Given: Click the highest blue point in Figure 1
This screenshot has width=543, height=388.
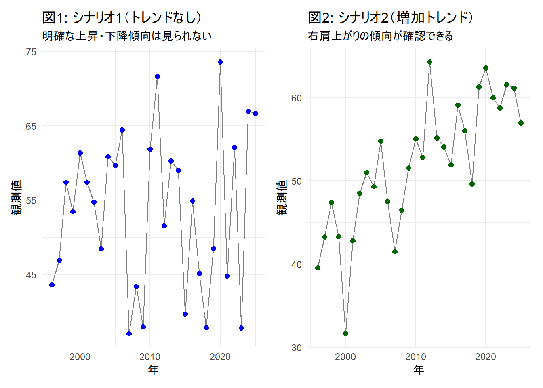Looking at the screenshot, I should click(x=220, y=62).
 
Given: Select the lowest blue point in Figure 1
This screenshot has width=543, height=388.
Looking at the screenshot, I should click(x=129, y=333).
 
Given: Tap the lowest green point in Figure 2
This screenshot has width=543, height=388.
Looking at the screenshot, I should click(x=345, y=333).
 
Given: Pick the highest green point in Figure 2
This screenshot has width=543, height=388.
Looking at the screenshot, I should click(x=429, y=62).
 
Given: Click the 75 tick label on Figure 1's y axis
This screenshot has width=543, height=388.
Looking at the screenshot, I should click(x=31, y=52).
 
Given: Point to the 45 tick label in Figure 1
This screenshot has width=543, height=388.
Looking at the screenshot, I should click(x=31, y=275).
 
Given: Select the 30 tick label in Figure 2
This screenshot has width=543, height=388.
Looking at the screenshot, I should click(x=297, y=348).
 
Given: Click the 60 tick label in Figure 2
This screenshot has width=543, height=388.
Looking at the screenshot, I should click(x=297, y=98).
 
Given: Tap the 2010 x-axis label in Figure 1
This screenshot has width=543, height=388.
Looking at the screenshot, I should click(x=150, y=357).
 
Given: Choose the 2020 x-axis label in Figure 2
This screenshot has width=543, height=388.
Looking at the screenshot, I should click(x=486, y=357).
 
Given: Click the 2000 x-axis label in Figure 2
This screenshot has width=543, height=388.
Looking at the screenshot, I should click(x=345, y=357).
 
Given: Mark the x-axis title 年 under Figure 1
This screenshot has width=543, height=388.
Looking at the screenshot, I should click(x=153, y=369).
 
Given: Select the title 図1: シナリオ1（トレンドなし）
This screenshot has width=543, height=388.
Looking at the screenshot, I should click(x=122, y=17).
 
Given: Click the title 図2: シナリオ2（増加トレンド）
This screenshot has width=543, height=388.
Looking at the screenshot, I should click(x=390, y=17).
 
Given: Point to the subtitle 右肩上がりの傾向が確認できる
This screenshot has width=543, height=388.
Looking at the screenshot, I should click(x=380, y=36).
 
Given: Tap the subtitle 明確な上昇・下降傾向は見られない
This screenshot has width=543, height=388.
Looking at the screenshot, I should click(x=127, y=36).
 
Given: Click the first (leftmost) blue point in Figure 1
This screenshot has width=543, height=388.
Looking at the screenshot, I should click(x=52, y=285).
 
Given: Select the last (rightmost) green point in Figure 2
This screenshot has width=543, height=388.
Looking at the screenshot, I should click(x=521, y=123).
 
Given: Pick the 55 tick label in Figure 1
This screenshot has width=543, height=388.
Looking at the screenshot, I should click(x=31, y=200).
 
